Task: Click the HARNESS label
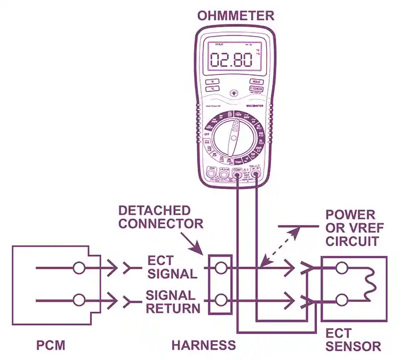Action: point(203,345)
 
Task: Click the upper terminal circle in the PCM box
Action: point(80,268)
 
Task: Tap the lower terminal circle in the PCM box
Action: point(80,301)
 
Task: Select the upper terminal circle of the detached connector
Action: point(221,268)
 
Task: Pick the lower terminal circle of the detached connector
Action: point(221,301)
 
